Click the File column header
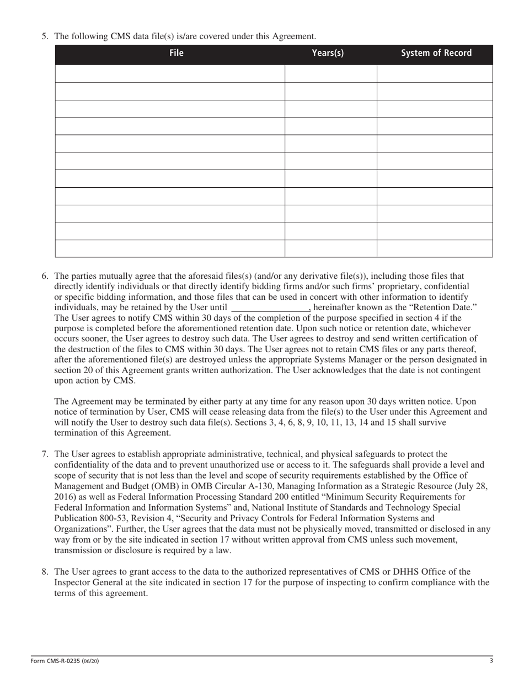click(176, 54)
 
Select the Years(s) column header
click(328, 54)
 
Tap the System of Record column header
click(436, 54)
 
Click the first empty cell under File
click(170, 74)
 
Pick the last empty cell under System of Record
click(434, 248)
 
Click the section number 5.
click(45, 36)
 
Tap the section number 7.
click(45, 454)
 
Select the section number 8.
click(45, 572)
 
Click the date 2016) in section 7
click(67, 497)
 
